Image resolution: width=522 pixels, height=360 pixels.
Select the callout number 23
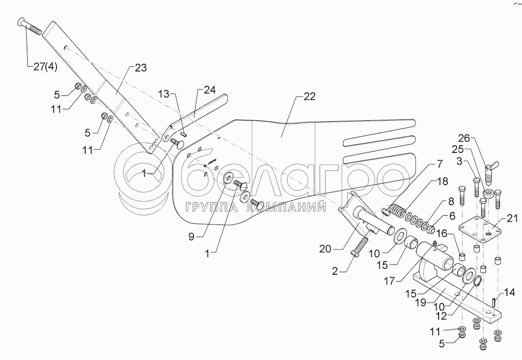(140, 68)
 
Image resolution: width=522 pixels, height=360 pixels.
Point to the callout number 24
(210, 90)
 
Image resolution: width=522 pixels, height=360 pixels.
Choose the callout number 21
(512, 205)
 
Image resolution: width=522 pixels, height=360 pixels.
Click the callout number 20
(325, 249)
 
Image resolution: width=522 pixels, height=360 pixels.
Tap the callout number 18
(442, 182)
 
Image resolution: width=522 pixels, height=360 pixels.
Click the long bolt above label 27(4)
(34, 28)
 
